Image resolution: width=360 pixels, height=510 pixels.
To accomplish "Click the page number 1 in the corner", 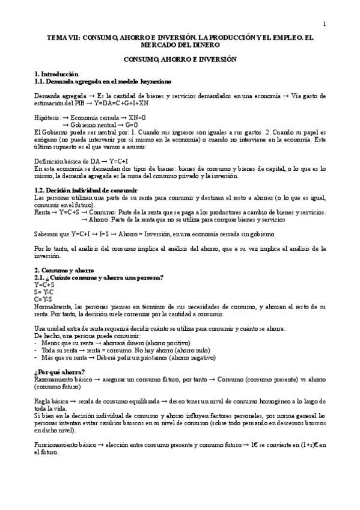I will [324, 25].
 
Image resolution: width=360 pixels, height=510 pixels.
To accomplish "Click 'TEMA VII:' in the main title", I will [61, 37].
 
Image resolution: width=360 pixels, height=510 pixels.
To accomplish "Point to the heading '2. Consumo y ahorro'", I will [64, 269].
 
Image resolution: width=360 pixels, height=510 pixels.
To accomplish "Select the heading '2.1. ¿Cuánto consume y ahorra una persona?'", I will [99, 277].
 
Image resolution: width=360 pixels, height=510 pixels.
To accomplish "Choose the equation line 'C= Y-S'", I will [43, 298].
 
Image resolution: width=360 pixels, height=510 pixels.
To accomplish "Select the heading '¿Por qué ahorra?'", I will [59, 371].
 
